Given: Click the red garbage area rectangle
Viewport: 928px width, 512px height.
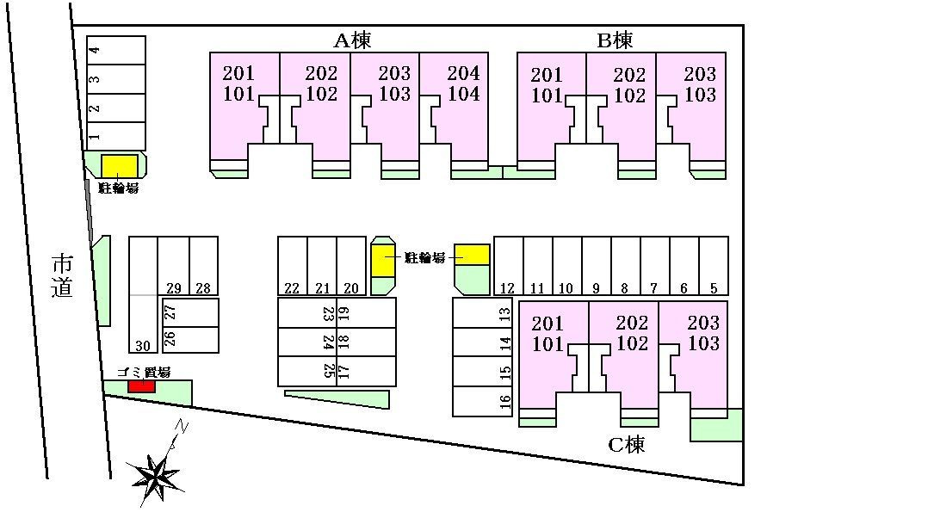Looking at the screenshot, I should [141, 386].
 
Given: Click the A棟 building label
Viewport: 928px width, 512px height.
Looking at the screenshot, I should [352, 40].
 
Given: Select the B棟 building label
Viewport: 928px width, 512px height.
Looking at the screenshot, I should [615, 40].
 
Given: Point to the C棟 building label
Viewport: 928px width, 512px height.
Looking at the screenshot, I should [626, 445].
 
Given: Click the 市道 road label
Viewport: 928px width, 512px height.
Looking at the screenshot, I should [62, 275].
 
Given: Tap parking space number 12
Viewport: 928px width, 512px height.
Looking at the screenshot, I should [508, 267].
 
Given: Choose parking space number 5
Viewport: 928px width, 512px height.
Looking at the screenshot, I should [714, 267].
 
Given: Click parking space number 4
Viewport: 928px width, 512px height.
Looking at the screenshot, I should [116, 50].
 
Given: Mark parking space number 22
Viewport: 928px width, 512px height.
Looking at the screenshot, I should [292, 267].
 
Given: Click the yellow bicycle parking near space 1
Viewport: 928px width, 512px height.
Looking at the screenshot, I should [120, 165].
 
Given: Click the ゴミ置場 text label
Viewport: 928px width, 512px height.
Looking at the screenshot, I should [143, 372].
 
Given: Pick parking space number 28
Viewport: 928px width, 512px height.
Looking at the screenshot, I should [203, 267].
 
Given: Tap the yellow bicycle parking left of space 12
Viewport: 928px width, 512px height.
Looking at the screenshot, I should [472, 254].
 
